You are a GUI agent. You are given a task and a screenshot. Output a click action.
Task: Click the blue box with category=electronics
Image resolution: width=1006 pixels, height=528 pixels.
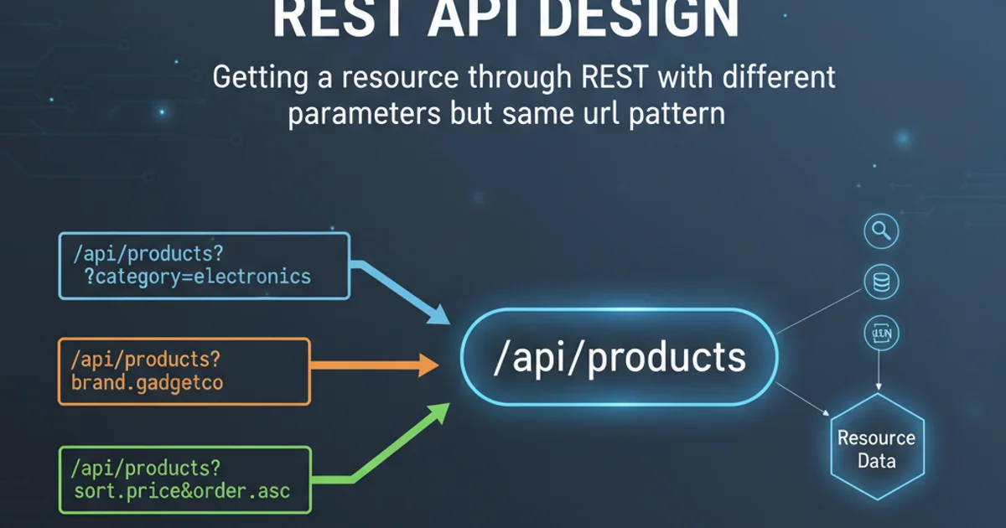203,266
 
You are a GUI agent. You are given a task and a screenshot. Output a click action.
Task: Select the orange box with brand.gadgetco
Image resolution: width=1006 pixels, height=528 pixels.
184,371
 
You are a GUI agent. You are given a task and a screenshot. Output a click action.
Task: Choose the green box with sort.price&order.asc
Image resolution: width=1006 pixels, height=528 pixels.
184,479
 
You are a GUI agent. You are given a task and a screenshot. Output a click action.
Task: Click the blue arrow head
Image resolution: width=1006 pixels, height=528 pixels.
438,314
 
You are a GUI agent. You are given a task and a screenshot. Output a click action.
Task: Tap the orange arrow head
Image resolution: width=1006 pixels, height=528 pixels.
428,365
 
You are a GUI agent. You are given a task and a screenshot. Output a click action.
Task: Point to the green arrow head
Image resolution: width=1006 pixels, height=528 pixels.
438,413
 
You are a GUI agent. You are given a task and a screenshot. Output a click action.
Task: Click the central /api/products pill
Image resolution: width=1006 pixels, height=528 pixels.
619,358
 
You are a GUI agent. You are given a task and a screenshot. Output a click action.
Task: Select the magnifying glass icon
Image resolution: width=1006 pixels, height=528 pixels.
880,231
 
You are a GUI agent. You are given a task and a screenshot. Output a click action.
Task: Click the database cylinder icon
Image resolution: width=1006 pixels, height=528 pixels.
880,283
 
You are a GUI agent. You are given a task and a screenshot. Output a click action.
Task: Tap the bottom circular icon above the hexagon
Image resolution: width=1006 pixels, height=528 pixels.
880,335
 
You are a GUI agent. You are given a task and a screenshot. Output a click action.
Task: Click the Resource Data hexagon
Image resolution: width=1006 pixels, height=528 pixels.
877,448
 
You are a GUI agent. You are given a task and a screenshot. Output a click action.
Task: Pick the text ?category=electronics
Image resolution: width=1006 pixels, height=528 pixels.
197,277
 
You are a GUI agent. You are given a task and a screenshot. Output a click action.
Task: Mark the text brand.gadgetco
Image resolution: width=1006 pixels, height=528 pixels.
148,384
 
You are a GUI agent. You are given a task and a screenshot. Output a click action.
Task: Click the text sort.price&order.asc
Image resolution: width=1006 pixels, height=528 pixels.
181,490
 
